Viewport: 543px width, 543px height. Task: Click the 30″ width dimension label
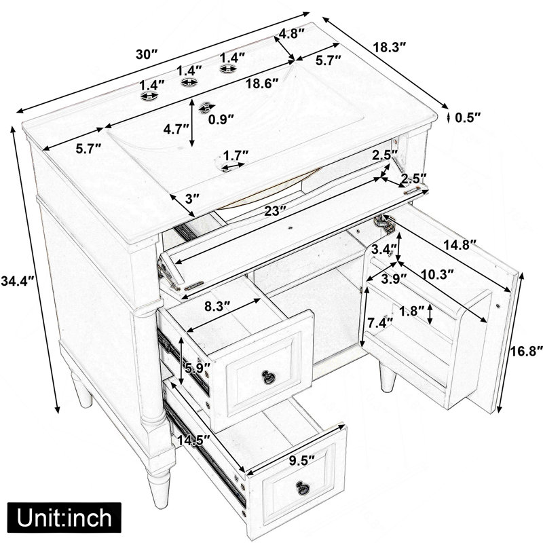pos(147,54)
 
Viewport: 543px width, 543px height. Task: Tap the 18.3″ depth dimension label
pos(389,47)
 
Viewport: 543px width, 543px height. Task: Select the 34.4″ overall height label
pos(18,280)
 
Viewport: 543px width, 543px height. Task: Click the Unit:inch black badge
pos(64,517)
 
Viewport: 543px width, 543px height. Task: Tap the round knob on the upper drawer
pos(267,377)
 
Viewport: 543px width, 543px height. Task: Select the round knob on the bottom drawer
pos(303,487)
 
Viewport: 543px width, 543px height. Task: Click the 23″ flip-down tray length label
pos(275,210)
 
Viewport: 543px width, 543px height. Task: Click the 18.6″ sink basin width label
pos(262,83)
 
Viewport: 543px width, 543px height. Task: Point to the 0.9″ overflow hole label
pos(221,119)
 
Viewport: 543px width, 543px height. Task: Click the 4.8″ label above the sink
pos(292,33)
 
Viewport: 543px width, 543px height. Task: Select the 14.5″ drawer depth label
pos(193,440)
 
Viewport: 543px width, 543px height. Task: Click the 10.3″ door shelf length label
pos(437,274)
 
